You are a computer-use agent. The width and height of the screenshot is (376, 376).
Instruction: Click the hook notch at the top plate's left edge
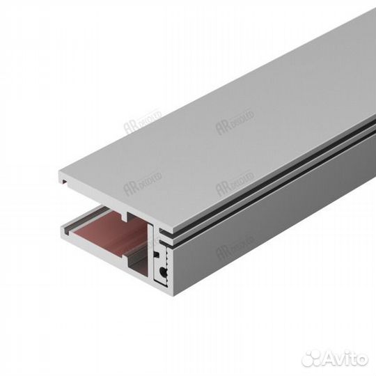pos(64,182)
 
